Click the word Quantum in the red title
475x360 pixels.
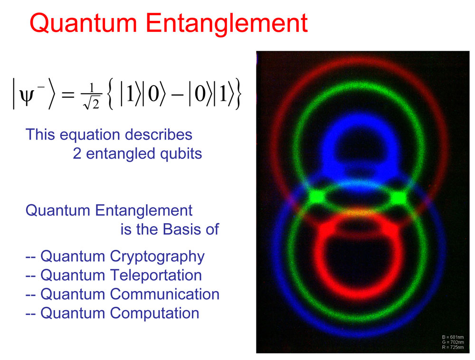pos(83,24)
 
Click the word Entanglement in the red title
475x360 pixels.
pos(227,24)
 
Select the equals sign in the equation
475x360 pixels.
pos(68,94)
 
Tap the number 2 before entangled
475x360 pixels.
pos(77,153)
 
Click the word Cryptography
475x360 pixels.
pos(157,257)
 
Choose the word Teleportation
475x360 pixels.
pos(156,275)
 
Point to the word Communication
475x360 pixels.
pos(164,294)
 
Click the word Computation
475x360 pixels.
pos(154,313)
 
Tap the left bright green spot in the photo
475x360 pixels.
pos(316,197)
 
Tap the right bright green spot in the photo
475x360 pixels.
pos(399,198)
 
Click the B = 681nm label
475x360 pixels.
pos(453,337)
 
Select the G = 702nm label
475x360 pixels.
pos(453,342)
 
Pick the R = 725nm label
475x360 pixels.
pos(453,347)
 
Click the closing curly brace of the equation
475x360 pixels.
pos(238,94)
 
